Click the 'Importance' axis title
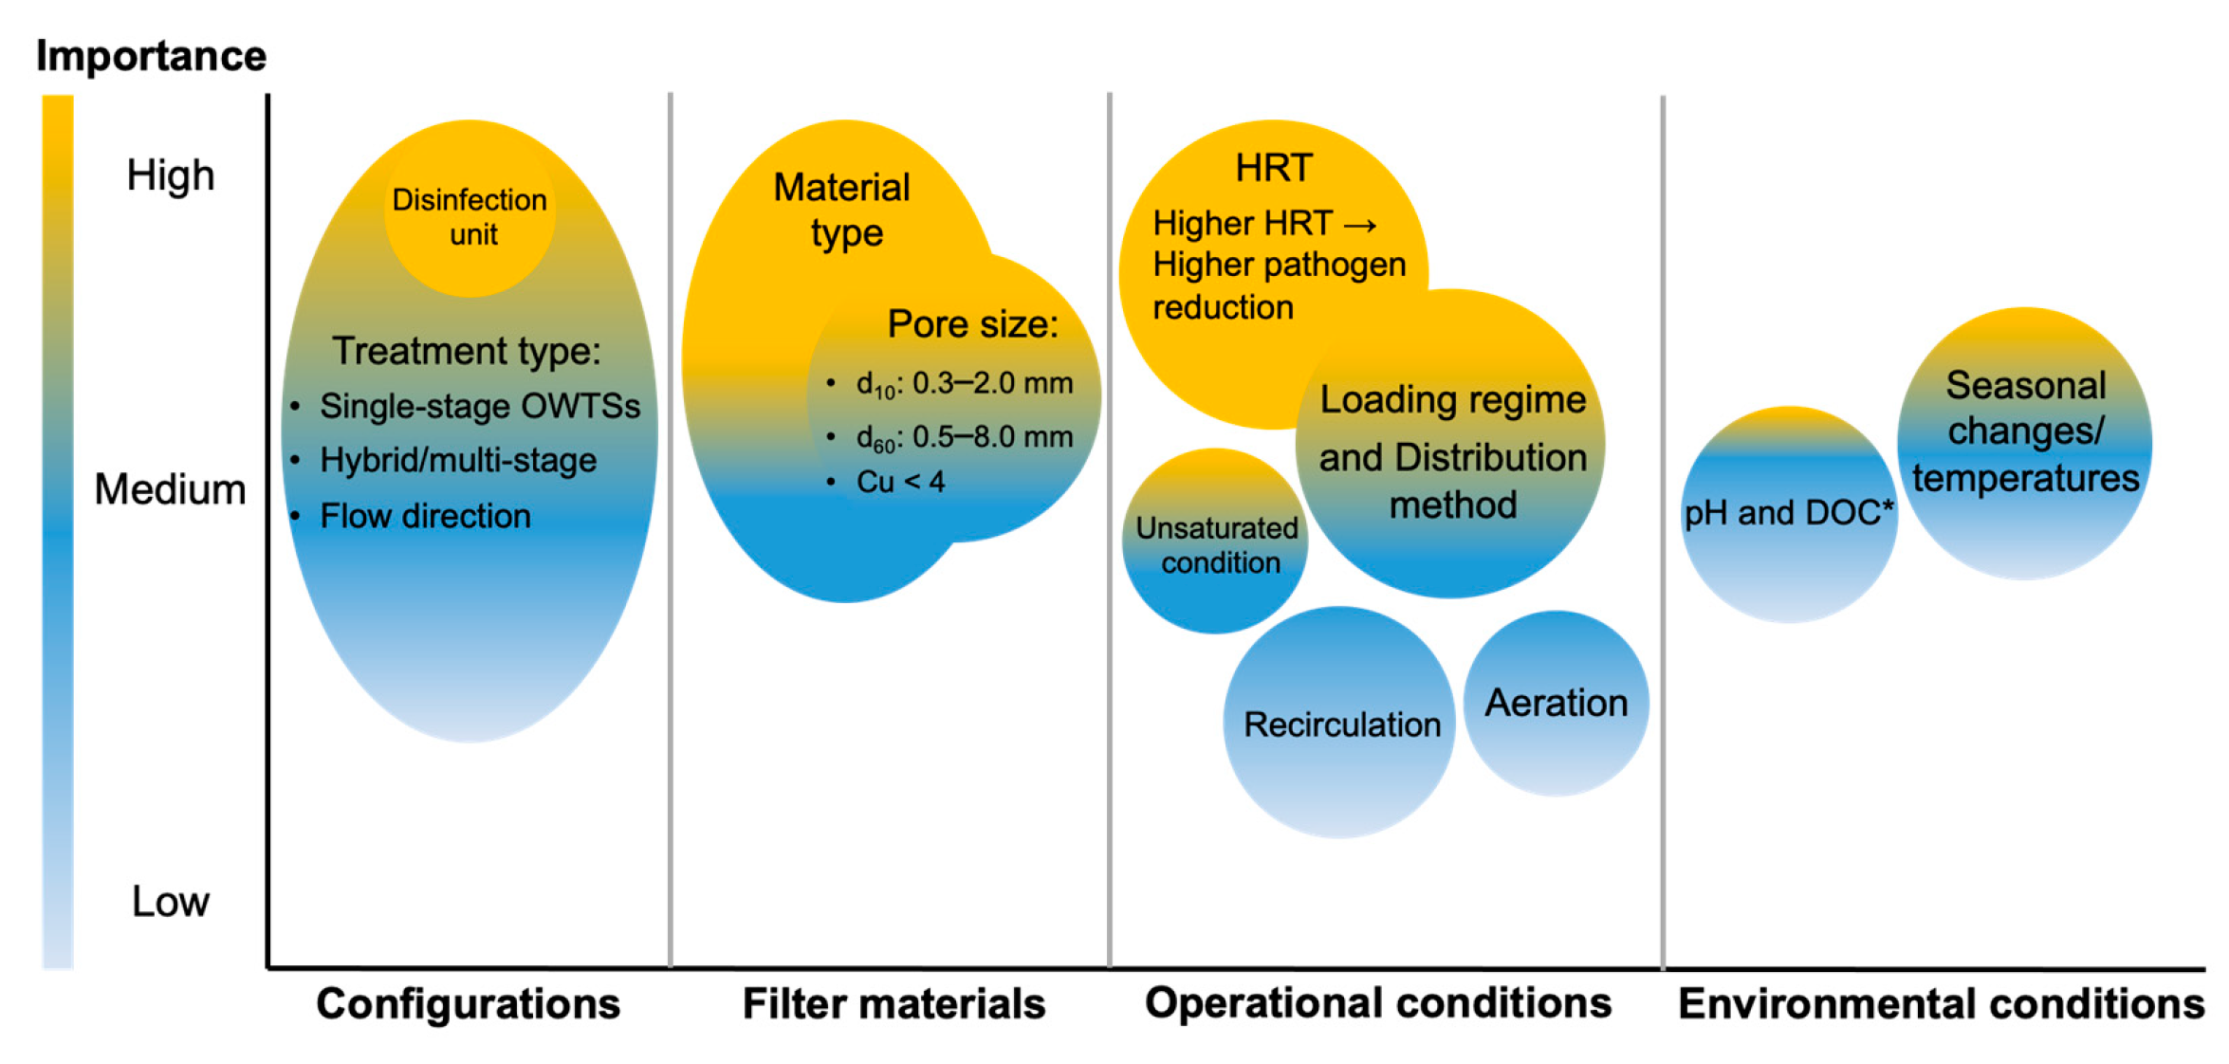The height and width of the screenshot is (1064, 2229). [152, 56]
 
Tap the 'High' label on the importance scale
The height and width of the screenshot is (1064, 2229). [171, 175]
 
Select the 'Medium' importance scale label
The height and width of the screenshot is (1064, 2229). [171, 489]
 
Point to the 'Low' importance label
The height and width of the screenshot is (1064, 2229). [171, 901]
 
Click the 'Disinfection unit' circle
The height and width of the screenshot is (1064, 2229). [470, 217]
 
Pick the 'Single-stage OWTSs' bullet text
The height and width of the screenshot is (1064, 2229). [480, 406]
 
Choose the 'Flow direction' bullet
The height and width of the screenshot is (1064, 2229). [425, 516]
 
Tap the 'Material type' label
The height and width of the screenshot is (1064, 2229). [842, 210]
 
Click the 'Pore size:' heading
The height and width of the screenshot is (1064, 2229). [972, 324]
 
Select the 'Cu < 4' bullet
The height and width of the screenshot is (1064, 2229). [900, 482]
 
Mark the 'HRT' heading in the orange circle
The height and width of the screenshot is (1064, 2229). [1274, 168]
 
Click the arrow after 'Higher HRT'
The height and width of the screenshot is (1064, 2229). [1361, 226]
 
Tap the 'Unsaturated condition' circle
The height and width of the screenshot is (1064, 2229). [1216, 544]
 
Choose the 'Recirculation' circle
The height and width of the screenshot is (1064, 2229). [1341, 725]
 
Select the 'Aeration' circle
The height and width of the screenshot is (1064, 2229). [1557, 704]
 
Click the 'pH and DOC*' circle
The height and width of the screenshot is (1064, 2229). [1789, 514]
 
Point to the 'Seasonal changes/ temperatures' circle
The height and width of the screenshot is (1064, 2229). [2025, 432]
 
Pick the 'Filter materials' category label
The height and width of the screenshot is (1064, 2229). [893, 1003]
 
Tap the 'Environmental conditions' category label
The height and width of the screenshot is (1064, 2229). [1941, 1003]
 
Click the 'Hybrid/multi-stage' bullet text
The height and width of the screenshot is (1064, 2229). [458, 461]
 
